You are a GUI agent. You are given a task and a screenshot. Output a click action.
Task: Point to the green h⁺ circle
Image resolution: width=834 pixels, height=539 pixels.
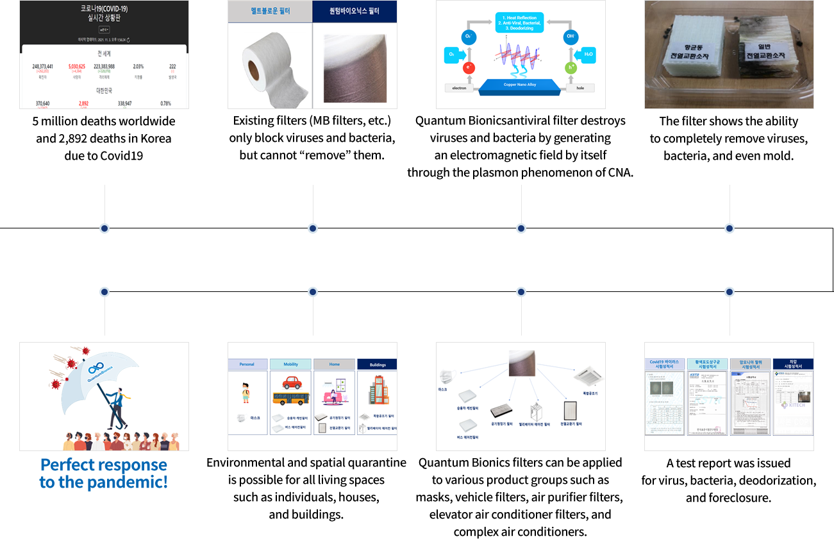coord(571,67)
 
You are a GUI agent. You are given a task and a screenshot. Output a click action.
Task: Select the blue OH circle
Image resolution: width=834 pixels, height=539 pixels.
coord(571,37)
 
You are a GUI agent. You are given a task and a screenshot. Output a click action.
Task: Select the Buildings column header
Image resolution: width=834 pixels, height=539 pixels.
coord(377,364)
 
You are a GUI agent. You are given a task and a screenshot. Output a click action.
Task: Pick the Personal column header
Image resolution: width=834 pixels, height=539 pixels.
coord(247,364)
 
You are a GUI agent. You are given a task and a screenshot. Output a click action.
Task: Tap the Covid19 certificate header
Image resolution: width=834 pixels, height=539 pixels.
coord(665,364)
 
